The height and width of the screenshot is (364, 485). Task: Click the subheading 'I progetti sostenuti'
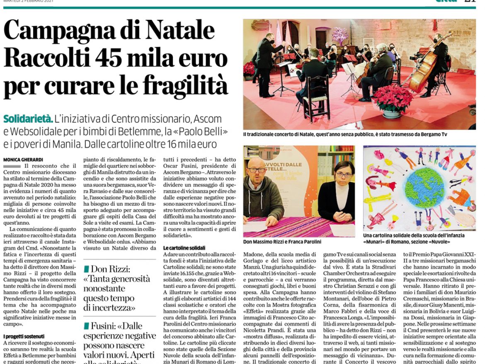(24, 337)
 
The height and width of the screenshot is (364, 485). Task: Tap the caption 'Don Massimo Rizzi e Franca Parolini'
(282, 242)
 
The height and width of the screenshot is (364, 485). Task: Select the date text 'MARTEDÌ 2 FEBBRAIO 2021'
(28, 1)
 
